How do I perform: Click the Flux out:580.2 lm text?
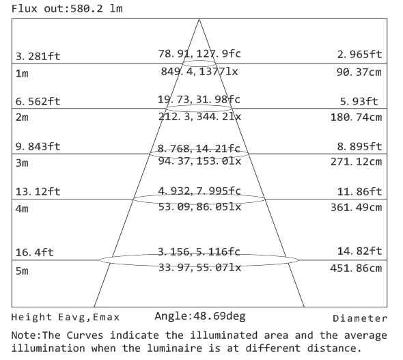(x=67, y=9)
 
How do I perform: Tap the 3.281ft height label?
(x=38, y=56)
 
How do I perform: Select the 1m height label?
(x=22, y=74)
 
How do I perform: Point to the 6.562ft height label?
(x=38, y=101)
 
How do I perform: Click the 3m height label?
(x=22, y=163)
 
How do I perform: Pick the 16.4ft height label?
(x=35, y=252)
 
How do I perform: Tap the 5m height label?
(x=22, y=271)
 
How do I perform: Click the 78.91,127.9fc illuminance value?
(x=199, y=54)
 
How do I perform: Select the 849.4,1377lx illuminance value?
(x=199, y=72)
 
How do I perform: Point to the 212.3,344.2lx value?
(x=199, y=117)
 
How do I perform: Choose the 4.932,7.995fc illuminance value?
(x=199, y=191)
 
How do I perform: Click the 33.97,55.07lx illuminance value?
(x=199, y=268)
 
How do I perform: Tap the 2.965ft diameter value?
(x=359, y=54)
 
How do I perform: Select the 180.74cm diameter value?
(x=357, y=117)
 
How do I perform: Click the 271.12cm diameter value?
(x=357, y=162)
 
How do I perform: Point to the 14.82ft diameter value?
(x=359, y=251)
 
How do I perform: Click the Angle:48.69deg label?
(x=200, y=316)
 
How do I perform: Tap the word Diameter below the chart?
(x=360, y=318)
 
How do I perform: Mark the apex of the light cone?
(x=199, y=19)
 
